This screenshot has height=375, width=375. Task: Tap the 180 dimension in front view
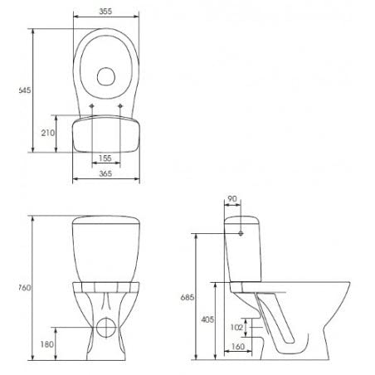(49, 343)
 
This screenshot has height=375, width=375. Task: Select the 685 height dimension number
(187, 297)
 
